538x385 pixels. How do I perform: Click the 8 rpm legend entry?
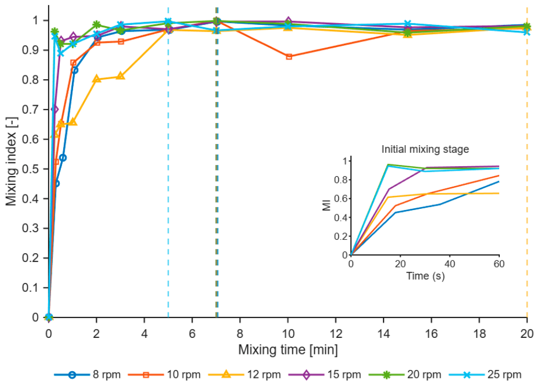87,374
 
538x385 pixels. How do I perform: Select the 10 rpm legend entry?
164,374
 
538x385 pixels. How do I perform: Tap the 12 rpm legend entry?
245,374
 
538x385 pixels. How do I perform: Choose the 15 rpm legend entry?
325,374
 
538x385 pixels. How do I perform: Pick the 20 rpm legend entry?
405,374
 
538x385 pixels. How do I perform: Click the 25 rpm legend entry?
485,374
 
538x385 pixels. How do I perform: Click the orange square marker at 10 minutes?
289,57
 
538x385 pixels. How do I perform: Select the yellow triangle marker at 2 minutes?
97,79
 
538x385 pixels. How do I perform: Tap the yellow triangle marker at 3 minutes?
121,76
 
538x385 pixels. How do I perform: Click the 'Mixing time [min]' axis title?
288,350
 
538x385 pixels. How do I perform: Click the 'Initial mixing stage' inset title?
425,149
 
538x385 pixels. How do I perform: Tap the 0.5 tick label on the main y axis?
30,169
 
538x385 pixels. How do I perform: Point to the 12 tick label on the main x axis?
336,333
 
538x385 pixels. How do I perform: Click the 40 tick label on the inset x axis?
449,264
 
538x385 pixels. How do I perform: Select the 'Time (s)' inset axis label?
425,276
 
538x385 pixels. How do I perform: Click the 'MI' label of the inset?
327,205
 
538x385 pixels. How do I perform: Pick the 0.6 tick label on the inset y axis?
340,198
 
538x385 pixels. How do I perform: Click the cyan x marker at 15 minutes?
407,24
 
